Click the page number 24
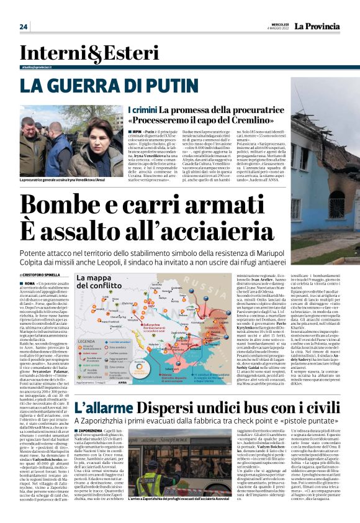pyautogui.click(x=24, y=26)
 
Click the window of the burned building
pyautogui.click(x=336, y=202)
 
